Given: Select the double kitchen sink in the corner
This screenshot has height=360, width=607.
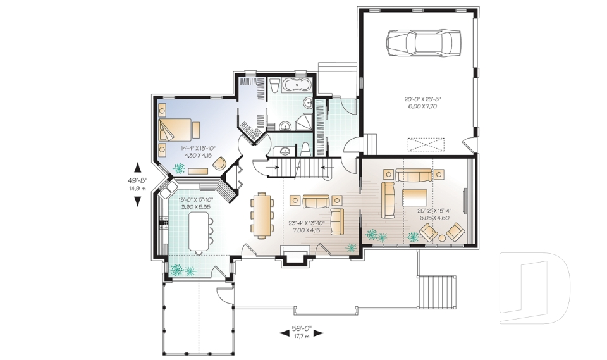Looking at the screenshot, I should tap(169, 189).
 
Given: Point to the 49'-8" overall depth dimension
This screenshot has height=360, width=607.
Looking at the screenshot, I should tap(137, 183).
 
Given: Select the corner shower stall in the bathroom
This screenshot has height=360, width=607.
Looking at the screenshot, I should tap(305, 123).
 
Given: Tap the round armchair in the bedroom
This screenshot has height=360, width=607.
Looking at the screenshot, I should tap(219, 163).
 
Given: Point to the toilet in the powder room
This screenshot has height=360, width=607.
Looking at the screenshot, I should tap(305, 149).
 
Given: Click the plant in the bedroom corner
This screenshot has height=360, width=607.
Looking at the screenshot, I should tap(179, 169).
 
